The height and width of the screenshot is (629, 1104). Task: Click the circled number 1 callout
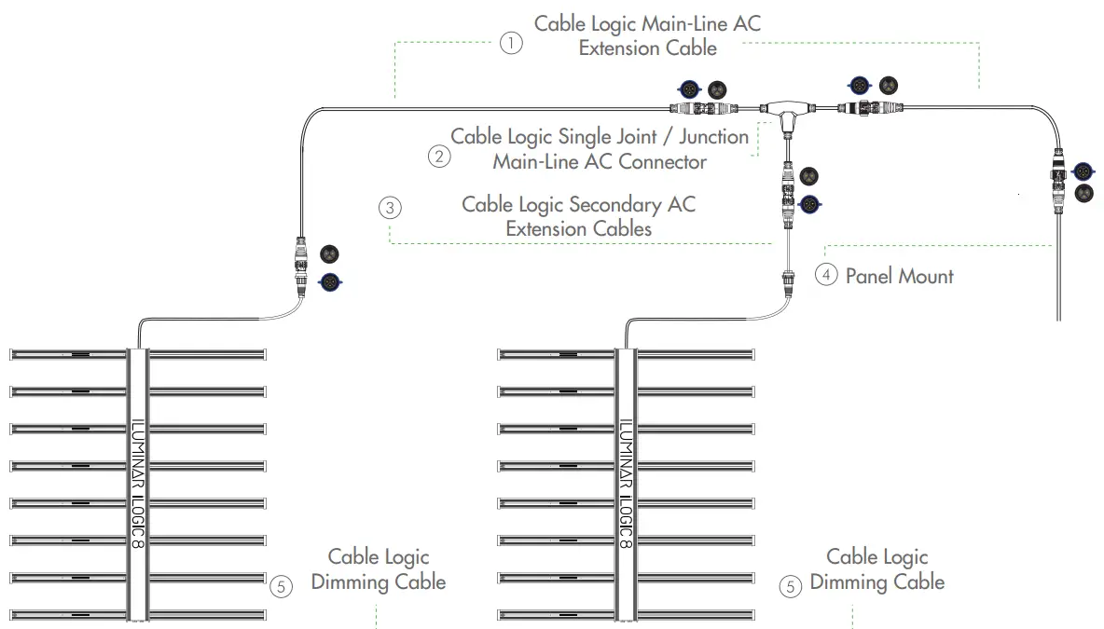tap(511, 44)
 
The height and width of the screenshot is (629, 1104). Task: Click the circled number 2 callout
tap(438, 156)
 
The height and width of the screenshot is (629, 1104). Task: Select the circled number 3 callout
tap(391, 208)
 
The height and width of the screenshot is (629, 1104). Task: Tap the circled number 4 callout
tap(826, 275)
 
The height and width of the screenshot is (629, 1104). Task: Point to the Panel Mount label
tap(899, 276)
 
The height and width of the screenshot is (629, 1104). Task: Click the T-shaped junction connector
tap(787, 113)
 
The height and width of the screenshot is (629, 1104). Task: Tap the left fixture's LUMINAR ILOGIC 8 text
tap(138, 482)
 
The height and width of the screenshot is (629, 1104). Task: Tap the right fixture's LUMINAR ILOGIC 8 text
tap(626, 482)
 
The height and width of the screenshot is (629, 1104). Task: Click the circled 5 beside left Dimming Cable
tap(282, 587)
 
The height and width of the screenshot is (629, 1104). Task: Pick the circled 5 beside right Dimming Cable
tap(791, 587)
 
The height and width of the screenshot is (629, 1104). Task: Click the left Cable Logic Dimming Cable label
tap(379, 569)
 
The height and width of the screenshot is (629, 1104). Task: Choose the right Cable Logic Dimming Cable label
tap(877, 569)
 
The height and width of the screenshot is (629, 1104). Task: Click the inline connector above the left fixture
tap(301, 267)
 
